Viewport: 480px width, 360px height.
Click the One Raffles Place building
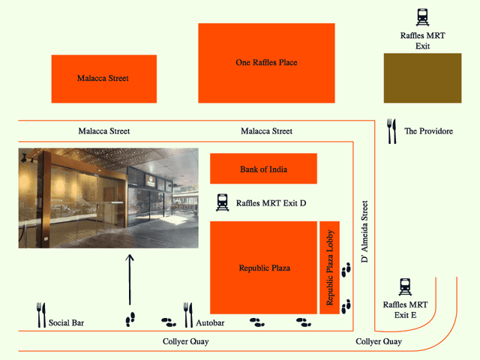pos(266,64)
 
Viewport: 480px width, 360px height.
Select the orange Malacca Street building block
pos(103,79)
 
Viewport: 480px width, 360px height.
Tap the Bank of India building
pos(263,169)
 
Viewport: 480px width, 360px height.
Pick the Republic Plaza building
pos(264,268)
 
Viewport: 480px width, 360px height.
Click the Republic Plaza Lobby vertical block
pos(330,268)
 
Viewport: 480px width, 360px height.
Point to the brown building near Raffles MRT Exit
pos(422,78)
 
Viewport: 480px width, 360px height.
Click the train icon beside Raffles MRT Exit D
pos(222,202)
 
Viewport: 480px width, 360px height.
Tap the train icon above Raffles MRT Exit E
pos(406,286)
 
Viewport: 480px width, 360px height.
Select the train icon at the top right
pos(424,16)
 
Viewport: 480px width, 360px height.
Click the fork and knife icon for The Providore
pos(390,131)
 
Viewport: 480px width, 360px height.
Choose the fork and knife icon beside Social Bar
pos(40,316)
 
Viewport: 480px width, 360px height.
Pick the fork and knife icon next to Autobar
pos(188,316)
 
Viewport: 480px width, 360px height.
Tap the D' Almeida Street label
pos(364,231)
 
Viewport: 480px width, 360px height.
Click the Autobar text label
pos(210,323)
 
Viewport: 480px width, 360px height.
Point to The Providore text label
pos(428,131)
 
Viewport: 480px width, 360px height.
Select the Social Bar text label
pos(66,323)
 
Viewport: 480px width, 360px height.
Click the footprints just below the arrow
pos(130,320)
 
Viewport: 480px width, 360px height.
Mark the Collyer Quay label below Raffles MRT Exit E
pos(378,342)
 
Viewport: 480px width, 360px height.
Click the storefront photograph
pos(109,198)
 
